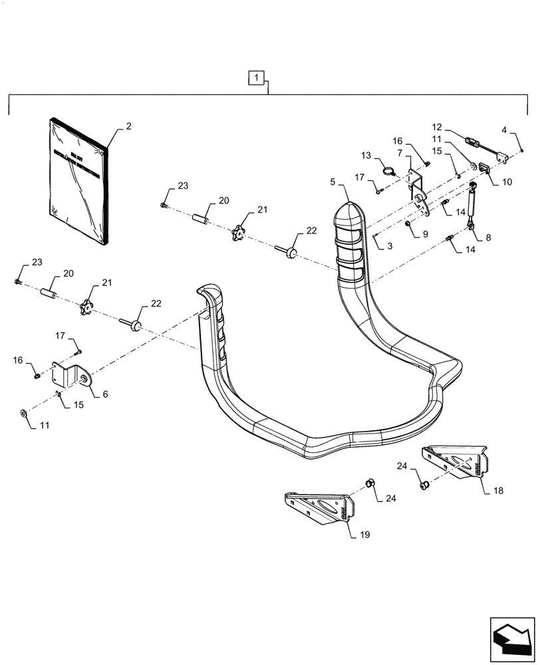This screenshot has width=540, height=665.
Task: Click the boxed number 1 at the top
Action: click(257, 78)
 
